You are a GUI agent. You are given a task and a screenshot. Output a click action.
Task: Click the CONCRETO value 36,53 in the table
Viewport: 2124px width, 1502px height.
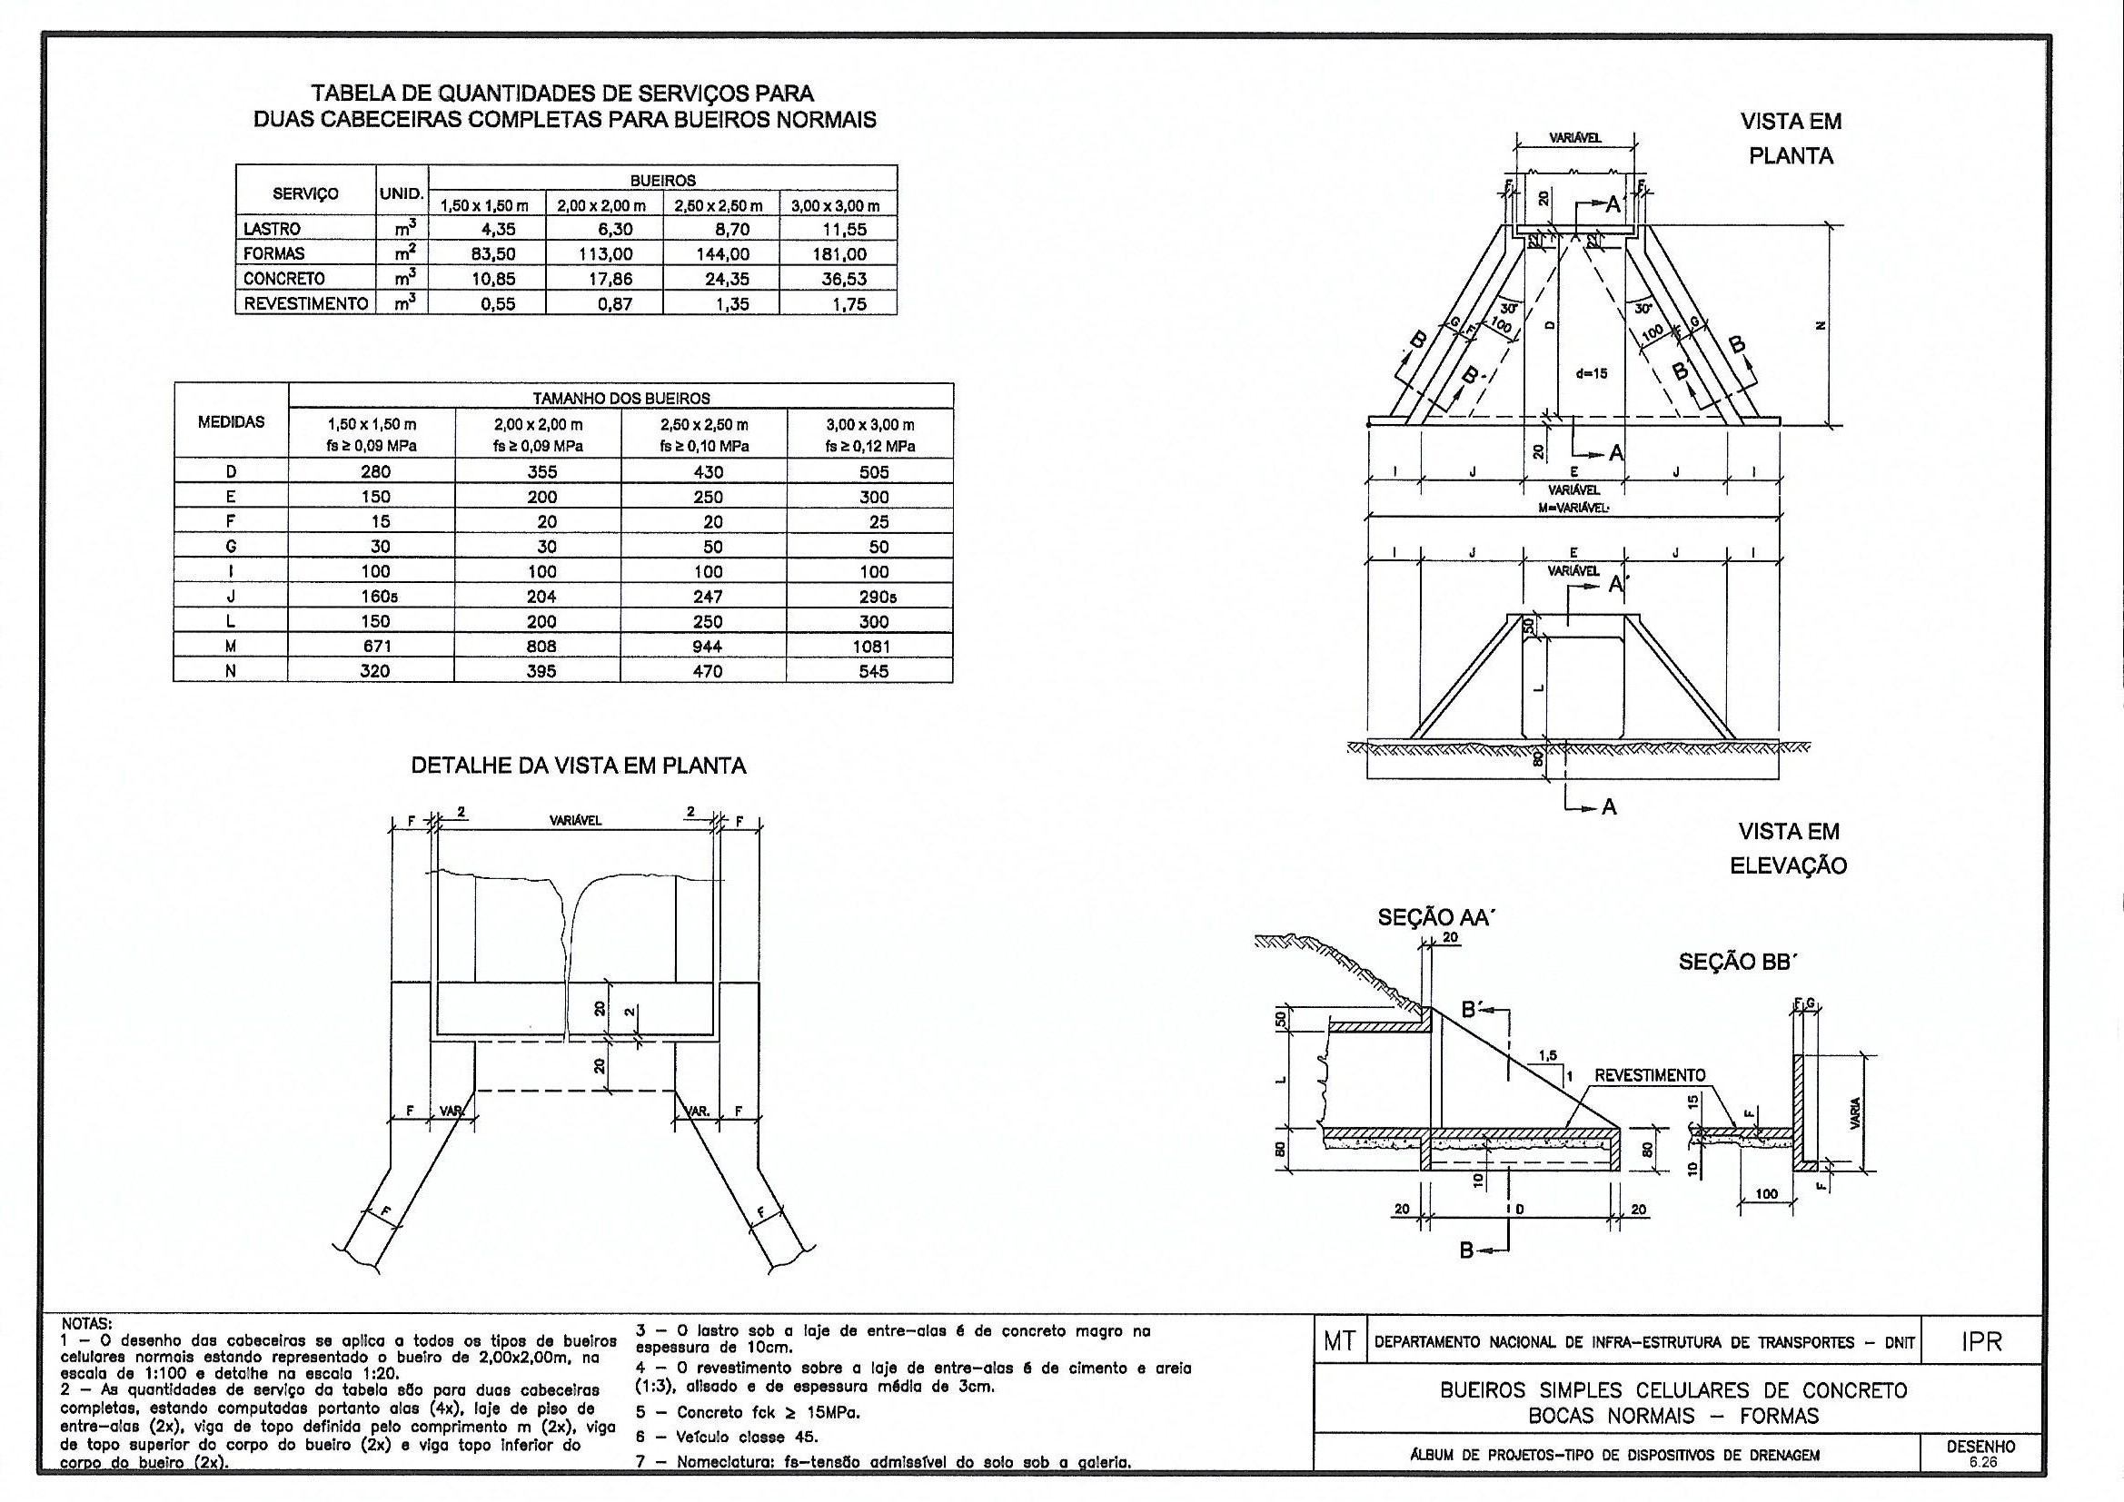[845, 279]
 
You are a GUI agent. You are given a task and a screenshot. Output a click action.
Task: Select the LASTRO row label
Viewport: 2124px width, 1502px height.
[272, 229]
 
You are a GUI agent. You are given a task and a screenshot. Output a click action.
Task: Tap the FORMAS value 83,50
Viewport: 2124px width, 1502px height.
[492, 253]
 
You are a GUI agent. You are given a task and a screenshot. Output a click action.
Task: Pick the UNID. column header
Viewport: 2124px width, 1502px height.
[402, 194]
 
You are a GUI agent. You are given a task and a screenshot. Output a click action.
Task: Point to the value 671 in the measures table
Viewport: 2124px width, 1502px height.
[374, 647]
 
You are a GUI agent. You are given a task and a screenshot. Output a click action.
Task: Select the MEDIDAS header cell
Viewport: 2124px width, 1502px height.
[232, 421]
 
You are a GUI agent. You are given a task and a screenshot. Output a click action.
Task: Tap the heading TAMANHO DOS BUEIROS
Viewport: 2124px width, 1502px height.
[620, 399]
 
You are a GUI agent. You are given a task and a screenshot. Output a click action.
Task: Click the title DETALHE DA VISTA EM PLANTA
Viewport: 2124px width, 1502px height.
[578, 766]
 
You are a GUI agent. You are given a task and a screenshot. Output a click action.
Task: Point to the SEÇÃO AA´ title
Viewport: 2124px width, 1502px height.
[1436, 917]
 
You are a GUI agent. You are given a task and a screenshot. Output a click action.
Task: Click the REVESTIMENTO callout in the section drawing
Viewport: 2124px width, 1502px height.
[1650, 1075]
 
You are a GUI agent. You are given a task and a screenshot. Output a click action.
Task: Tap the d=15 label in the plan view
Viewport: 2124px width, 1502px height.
[1591, 373]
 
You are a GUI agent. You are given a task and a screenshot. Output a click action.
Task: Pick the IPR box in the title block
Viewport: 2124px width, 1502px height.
[1980, 1341]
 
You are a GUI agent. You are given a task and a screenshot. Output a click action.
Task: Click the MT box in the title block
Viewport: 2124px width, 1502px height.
[1338, 1342]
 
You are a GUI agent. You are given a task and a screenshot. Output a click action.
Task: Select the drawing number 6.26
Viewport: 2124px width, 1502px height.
[1981, 1463]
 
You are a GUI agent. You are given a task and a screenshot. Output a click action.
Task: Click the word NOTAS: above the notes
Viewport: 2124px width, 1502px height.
[85, 1323]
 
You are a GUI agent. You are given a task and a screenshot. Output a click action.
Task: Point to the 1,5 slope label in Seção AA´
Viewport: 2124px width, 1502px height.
[1547, 1055]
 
